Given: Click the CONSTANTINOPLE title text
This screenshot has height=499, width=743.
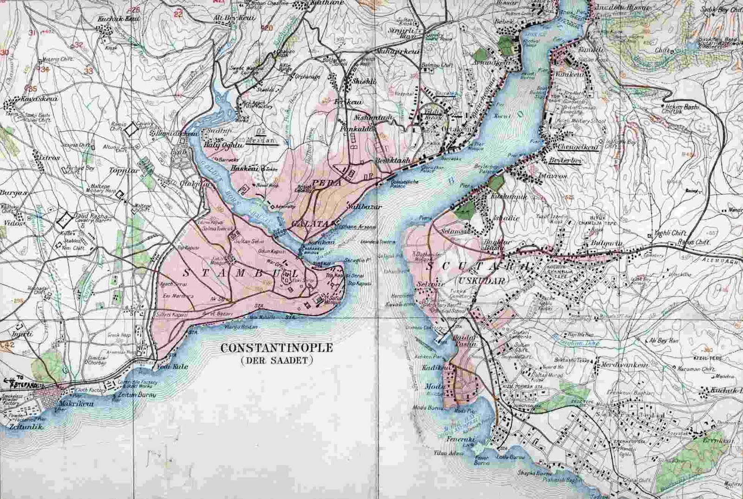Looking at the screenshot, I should (277, 348).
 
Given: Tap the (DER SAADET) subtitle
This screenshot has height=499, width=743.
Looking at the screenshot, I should (277, 360).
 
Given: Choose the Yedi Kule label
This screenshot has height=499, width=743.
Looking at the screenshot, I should (173, 366).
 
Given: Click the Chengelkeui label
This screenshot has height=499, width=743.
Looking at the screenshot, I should (578, 147).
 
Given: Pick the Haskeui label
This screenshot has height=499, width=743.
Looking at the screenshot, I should (244, 169).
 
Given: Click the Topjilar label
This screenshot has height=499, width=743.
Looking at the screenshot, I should (124, 171).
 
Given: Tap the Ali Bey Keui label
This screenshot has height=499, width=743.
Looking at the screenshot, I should (235, 18).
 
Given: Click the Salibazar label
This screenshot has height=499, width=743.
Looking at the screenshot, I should (365, 206).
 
